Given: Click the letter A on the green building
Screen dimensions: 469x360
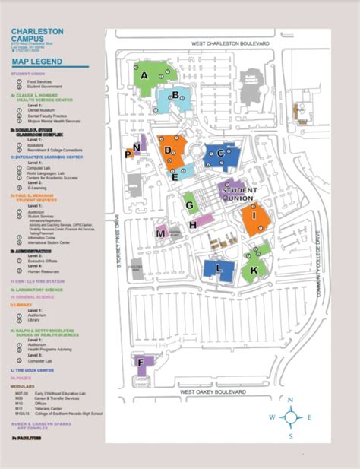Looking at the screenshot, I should click(x=144, y=75).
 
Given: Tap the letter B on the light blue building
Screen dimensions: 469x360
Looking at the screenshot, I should click(x=175, y=95).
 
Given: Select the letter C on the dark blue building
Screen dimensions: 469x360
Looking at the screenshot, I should click(x=220, y=153).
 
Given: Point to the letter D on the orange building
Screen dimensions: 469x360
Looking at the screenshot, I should click(x=168, y=150).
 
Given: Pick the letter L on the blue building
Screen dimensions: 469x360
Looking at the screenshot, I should click(x=219, y=268).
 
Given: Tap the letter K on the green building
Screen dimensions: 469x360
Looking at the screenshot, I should click(x=254, y=270).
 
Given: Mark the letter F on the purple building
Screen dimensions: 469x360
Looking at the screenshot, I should click(x=140, y=361).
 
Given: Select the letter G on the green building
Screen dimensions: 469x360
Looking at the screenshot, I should click(x=187, y=197).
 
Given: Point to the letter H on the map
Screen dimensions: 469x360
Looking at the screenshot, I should click(x=194, y=224).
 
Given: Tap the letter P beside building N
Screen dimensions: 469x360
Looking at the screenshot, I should click(x=128, y=154).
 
